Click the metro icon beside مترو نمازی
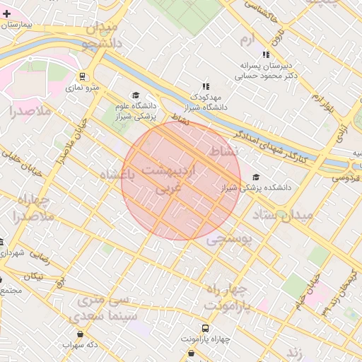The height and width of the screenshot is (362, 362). [x=83, y=76]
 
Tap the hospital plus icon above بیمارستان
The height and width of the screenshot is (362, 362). [x=7, y=13]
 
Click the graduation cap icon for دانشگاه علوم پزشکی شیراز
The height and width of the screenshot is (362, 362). [x=136, y=95]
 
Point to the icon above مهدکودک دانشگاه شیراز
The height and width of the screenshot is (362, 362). [x=206, y=86]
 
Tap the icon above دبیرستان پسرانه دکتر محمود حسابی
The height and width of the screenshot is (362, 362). [x=266, y=54]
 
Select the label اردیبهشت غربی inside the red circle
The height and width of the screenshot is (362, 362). [x=173, y=180]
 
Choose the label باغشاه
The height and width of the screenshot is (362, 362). [x=117, y=175]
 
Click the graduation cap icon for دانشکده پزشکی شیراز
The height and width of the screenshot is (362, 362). [x=255, y=177]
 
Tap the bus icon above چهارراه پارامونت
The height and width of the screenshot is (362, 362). [x=205, y=329]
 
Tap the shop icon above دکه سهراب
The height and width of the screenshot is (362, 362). [x=79, y=334]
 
